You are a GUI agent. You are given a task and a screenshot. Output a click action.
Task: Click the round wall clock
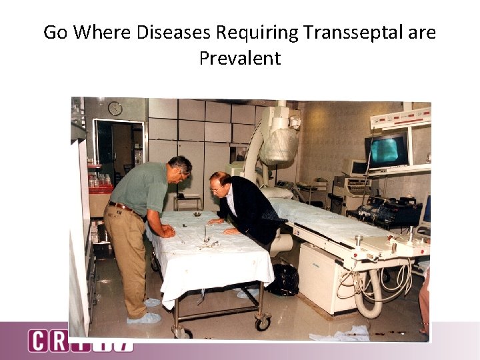(x=115, y=109)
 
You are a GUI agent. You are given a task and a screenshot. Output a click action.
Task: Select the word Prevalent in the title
(x=240, y=58)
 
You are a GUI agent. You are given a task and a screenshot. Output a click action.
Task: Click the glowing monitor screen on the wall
(x=387, y=151)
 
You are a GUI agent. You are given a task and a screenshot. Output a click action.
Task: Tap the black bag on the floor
(x=285, y=279)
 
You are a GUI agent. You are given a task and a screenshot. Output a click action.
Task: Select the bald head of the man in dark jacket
(x=218, y=183)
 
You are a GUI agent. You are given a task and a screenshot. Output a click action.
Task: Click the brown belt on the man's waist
(x=124, y=208)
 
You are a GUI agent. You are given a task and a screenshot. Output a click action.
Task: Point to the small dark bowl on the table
(x=197, y=214)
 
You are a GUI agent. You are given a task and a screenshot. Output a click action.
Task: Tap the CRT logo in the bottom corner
(x=80, y=341)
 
